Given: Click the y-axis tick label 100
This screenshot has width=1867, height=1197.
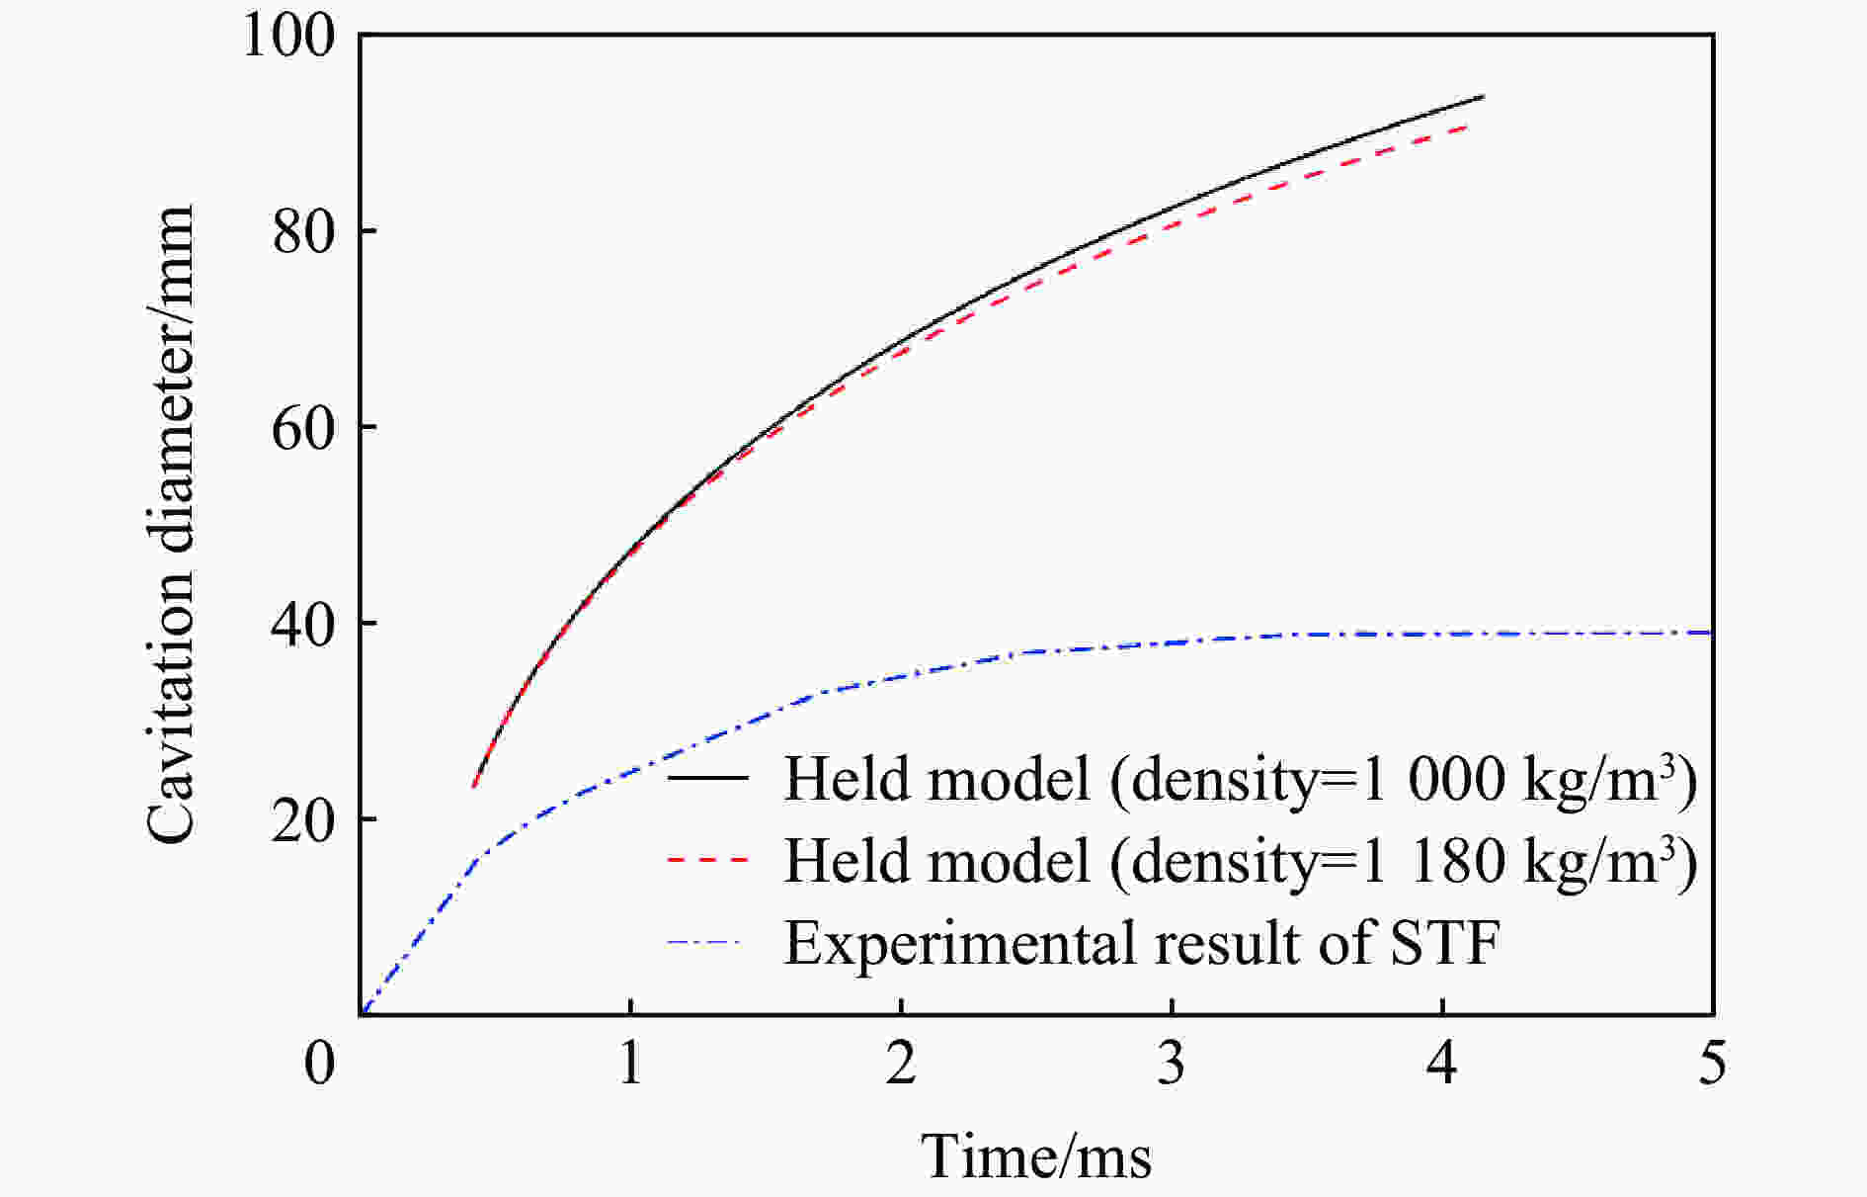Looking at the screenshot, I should [x=288, y=37].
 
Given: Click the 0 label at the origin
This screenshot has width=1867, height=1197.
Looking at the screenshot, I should [x=319, y=1065].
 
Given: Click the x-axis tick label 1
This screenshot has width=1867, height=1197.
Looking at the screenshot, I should [x=630, y=1065].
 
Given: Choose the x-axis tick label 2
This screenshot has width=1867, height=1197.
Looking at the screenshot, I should [x=901, y=1065].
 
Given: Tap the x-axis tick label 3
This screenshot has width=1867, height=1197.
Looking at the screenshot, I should [x=1172, y=1065].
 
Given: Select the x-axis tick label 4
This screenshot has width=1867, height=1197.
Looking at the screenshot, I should [x=1442, y=1065].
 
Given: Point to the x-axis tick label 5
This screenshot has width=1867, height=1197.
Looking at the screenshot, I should [x=1713, y=1065].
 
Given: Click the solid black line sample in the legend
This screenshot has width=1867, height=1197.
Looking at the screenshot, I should [x=707, y=778].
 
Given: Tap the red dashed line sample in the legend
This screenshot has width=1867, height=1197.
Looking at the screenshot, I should [x=707, y=860].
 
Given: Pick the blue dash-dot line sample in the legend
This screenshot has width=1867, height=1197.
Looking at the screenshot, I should [x=707, y=942].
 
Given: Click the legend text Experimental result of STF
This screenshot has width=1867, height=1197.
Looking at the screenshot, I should [x=1142, y=942].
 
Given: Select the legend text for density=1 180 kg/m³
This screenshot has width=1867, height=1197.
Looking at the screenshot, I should [x=1241, y=860].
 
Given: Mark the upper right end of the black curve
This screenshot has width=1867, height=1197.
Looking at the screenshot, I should [x=1483, y=97].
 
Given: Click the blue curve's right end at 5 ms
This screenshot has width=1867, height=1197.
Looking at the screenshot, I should [x=1710, y=633].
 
